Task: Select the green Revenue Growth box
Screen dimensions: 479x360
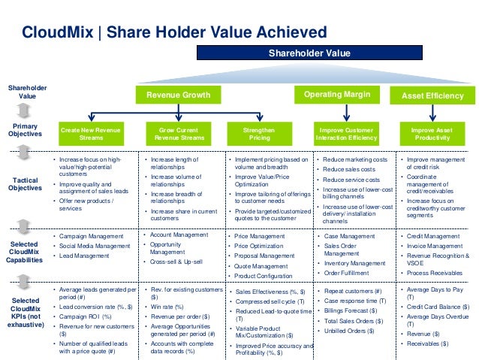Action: [x=178, y=95]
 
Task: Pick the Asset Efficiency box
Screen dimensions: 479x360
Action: [x=432, y=96]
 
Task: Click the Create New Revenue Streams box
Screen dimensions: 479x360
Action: [x=92, y=134]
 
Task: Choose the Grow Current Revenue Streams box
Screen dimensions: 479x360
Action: [x=178, y=134]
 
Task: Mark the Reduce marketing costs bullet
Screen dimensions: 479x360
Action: [x=357, y=160]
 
